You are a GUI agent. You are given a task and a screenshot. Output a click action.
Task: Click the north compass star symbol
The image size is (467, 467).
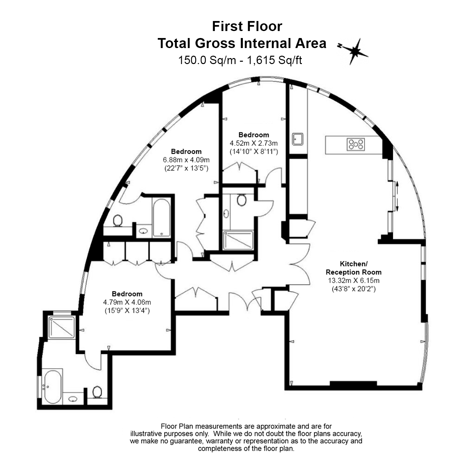(x=354, y=51)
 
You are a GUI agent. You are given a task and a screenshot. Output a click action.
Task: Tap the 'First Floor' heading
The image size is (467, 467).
(x=247, y=26)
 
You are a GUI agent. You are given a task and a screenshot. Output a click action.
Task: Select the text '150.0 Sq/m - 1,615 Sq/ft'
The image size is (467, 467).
(x=240, y=60)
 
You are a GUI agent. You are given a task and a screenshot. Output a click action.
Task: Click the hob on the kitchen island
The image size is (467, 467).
(x=356, y=144)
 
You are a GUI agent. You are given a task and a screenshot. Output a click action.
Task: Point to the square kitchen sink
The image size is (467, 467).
(x=297, y=139)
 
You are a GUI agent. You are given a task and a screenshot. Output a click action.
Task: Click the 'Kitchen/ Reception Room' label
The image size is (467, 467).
(x=354, y=268)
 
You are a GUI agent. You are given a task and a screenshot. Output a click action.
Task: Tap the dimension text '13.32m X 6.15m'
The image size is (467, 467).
(x=354, y=281)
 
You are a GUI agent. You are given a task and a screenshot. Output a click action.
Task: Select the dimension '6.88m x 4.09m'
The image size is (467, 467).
(x=186, y=160)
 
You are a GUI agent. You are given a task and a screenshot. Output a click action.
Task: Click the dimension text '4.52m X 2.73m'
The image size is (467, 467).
(x=254, y=143)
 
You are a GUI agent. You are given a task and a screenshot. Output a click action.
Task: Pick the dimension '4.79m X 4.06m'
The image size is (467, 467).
(x=127, y=302)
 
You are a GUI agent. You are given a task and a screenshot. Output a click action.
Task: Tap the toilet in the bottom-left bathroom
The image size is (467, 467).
(x=97, y=392)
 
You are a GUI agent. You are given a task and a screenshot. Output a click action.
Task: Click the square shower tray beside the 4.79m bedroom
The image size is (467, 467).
(x=62, y=327)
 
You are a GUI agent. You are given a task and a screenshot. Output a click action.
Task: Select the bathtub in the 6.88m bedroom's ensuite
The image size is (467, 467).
(x=161, y=217)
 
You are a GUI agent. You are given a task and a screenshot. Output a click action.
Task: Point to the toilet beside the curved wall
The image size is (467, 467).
(x=118, y=220)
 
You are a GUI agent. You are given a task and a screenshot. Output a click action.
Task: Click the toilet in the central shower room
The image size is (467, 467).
(x=242, y=200)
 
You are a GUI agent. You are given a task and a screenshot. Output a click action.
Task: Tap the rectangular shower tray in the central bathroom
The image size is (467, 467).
(x=238, y=241)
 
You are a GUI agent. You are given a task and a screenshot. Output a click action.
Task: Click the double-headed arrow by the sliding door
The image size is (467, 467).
(x=397, y=197)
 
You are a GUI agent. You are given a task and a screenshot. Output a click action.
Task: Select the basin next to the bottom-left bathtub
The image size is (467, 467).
(x=73, y=399)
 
